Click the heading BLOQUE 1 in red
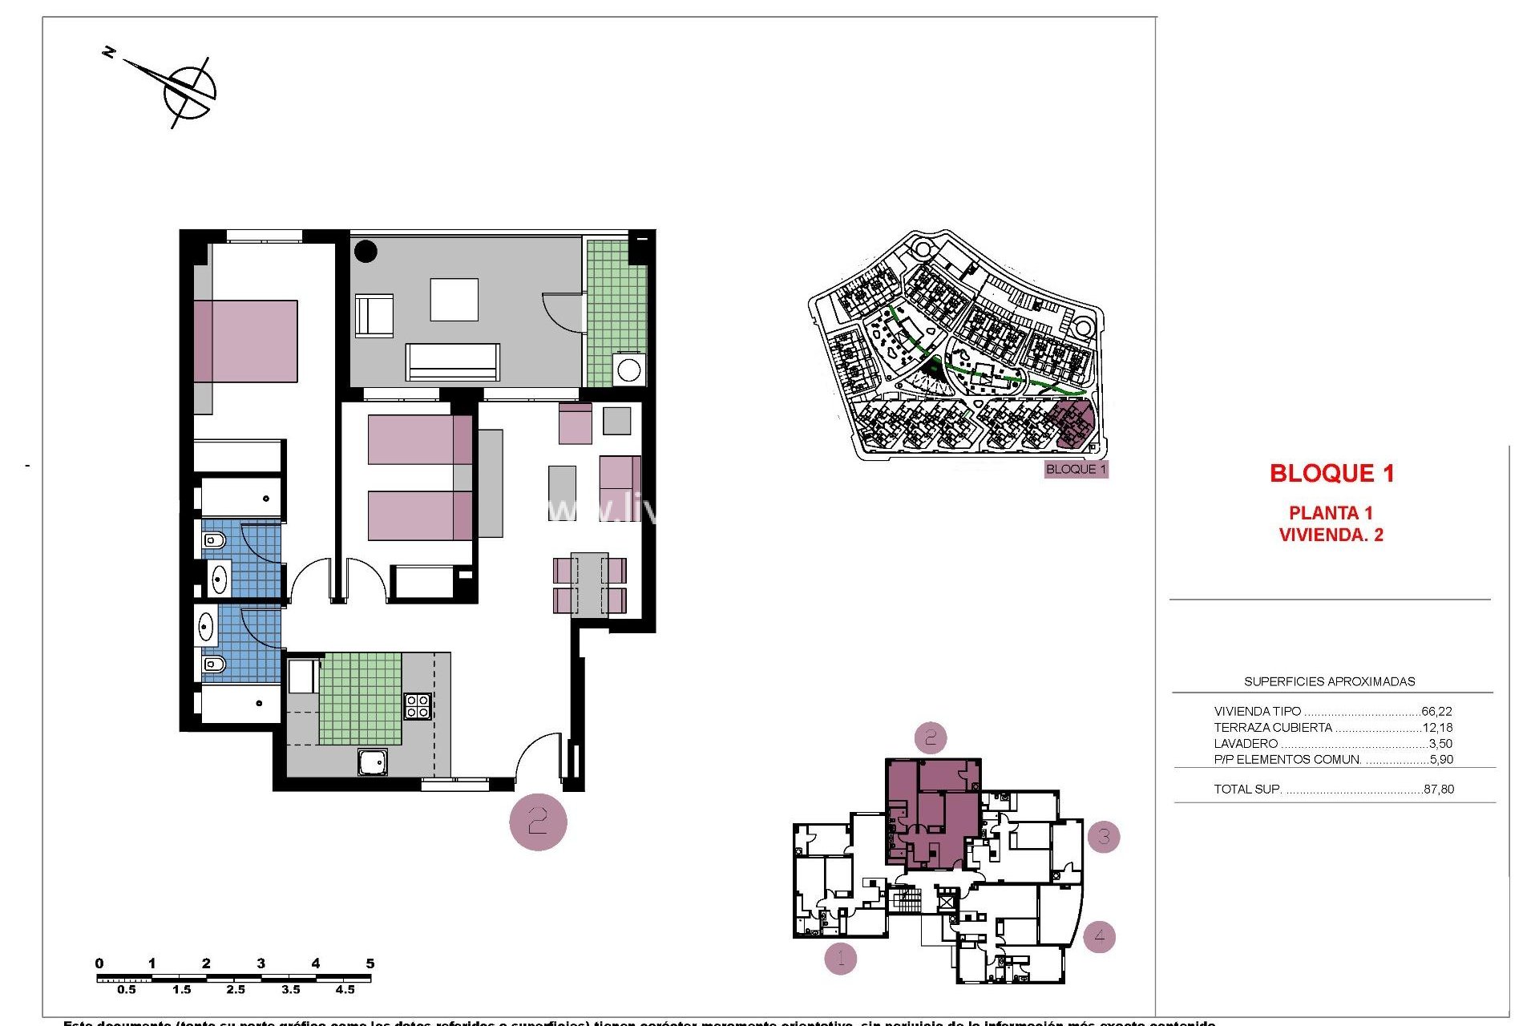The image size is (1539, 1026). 1331,474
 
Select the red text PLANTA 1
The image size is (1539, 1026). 1331,513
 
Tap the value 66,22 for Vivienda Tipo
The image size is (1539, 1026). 1436,711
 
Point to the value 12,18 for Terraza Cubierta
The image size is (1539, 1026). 1437,728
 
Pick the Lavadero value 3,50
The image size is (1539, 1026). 1440,744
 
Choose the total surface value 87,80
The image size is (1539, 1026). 1439,790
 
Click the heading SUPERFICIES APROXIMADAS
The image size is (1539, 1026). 1329,681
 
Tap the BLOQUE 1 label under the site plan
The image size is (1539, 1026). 1076,470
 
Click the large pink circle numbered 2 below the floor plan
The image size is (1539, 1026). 538,822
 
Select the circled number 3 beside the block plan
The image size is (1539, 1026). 1104,837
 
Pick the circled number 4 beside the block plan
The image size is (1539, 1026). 1099,935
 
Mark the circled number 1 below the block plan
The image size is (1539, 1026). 840,957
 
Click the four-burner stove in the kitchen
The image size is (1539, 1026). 418,705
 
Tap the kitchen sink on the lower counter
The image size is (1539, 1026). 373,762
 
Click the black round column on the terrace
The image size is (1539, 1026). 366,251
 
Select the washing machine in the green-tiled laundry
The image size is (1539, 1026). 628,370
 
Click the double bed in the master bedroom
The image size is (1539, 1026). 245,341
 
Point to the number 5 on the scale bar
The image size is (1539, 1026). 370,963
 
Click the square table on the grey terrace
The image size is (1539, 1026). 454,300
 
